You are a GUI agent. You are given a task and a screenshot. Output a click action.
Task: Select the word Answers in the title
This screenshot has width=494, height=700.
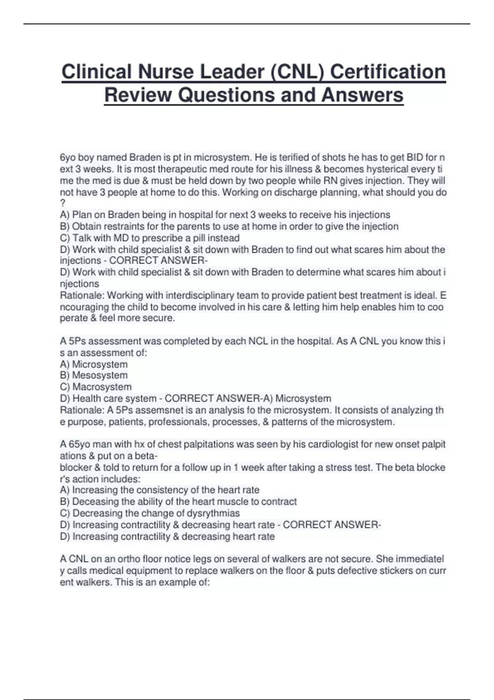tap(362, 95)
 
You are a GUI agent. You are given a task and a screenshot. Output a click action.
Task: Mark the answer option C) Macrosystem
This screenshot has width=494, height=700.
tap(96, 387)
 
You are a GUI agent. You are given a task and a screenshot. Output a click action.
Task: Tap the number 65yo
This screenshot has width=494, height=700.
tap(75, 445)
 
